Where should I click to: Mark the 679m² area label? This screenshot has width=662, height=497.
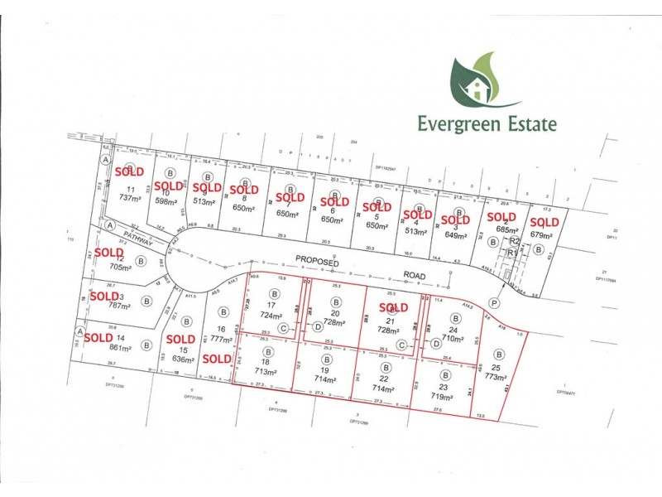pyautogui.click(x=542, y=234)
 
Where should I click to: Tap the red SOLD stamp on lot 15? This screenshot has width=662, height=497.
pyautogui.click(x=180, y=339)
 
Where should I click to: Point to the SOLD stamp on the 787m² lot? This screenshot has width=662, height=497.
pyautogui.click(x=105, y=296)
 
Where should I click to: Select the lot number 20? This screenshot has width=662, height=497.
pyautogui.click(x=335, y=314)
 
